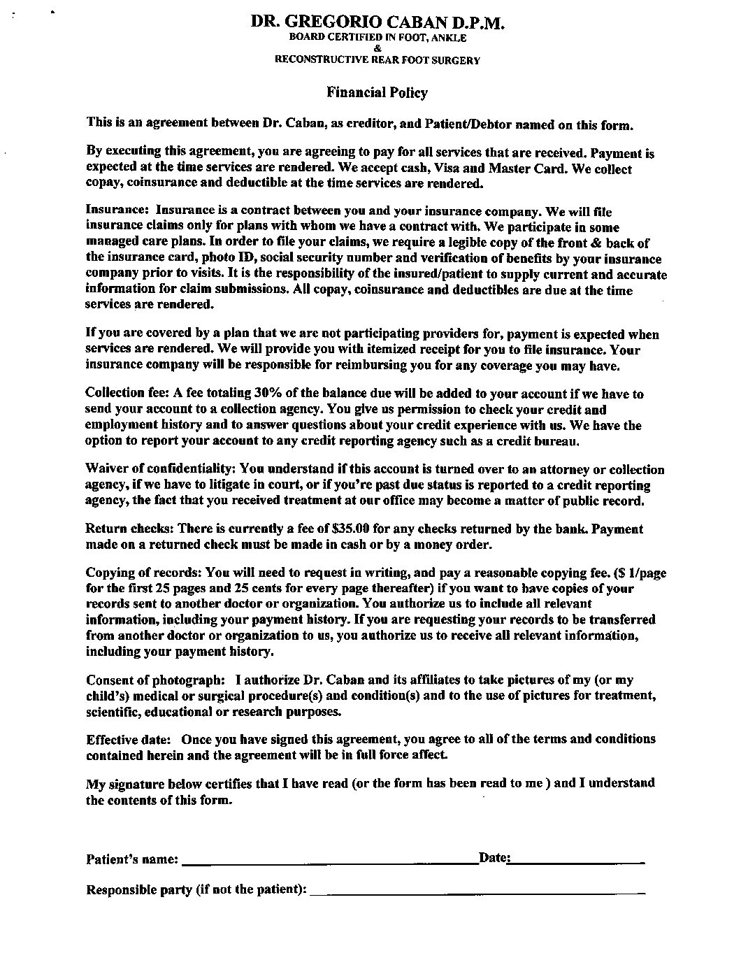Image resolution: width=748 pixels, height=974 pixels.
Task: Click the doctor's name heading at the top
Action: pyautogui.click(x=377, y=22)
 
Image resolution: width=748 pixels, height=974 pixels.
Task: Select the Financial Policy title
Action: pyautogui.click(x=377, y=92)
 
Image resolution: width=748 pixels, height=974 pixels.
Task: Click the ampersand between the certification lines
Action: pyautogui.click(x=377, y=48)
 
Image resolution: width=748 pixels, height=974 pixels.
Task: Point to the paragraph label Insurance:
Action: pyautogui.click(x=117, y=210)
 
